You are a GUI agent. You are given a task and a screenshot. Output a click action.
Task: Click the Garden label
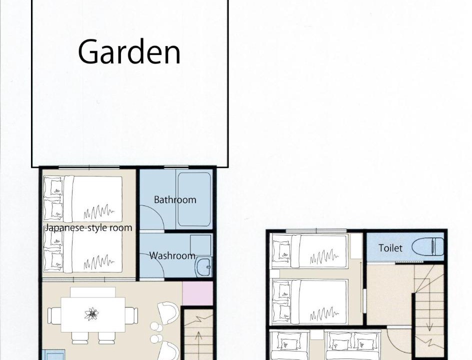(129, 52)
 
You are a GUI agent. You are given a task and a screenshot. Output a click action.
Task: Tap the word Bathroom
(175, 199)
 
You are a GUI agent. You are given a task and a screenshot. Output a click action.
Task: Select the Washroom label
(172, 255)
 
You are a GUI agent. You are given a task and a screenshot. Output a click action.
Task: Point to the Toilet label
(390, 248)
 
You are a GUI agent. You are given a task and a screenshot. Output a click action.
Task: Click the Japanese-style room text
(88, 227)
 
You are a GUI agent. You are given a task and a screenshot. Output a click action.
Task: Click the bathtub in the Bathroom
(194, 199)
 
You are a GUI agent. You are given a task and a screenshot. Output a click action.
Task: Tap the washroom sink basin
(204, 267)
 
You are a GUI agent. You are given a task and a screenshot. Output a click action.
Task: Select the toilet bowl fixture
(427, 246)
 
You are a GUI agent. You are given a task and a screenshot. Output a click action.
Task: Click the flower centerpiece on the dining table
(91, 314)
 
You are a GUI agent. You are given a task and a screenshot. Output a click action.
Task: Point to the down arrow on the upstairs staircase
(429, 313)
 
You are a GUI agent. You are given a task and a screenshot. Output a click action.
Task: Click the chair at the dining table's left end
(54, 316)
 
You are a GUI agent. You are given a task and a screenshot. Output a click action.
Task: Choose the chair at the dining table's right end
(131, 315)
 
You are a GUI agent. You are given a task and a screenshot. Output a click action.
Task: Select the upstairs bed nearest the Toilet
(309, 251)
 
